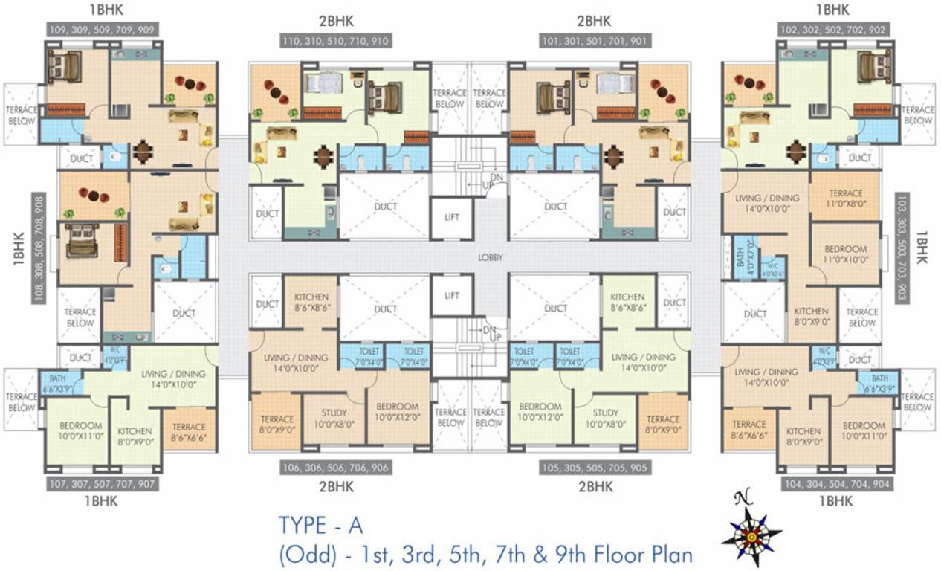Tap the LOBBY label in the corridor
coord(491,258)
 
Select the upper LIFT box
coord(452,216)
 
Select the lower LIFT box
coord(452,296)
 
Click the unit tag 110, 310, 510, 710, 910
coord(334,41)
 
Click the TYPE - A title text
coord(320,525)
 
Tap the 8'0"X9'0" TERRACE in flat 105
coord(663,424)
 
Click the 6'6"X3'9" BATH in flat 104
coord(879,383)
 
